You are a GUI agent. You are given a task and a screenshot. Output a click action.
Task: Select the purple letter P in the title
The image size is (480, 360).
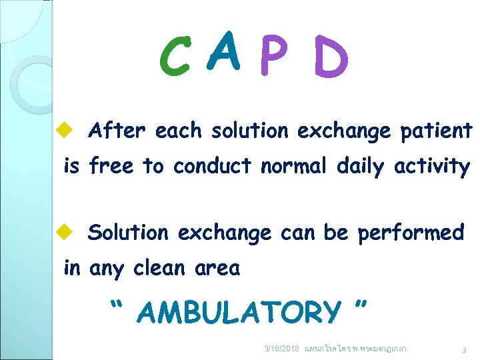pyautogui.click(x=273, y=57)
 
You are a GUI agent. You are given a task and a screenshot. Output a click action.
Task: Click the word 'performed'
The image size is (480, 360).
pyautogui.click(x=411, y=233)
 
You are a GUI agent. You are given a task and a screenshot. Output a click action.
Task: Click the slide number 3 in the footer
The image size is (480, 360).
pyautogui.click(x=463, y=349)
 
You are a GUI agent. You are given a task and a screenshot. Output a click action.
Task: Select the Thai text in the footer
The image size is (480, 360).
pyautogui.click(x=355, y=349)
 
